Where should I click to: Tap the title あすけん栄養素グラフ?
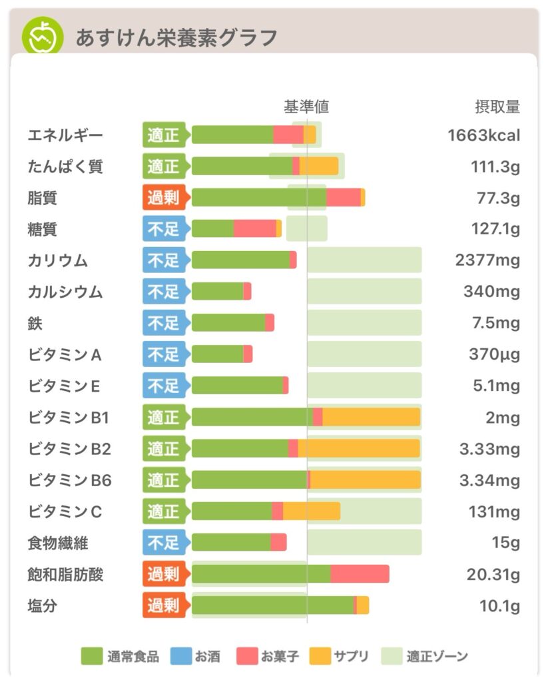click(x=176, y=38)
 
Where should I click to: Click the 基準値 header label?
click(x=306, y=107)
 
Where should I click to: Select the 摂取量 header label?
click(x=497, y=107)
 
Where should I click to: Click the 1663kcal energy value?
click(x=483, y=135)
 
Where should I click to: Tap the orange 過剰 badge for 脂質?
click(x=164, y=197)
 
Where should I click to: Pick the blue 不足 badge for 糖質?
click(x=164, y=229)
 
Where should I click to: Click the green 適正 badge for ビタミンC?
click(x=164, y=511)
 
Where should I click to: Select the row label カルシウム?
click(x=65, y=292)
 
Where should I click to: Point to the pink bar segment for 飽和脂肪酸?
click(x=360, y=574)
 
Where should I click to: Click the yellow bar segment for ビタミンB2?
click(x=359, y=449)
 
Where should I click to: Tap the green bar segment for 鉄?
click(x=228, y=323)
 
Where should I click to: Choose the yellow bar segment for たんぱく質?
click(x=319, y=166)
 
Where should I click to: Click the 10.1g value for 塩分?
click(x=499, y=606)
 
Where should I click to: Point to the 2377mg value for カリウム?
click(x=487, y=260)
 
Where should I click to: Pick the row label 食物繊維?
click(x=58, y=543)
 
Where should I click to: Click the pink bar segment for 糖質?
click(x=255, y=229)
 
